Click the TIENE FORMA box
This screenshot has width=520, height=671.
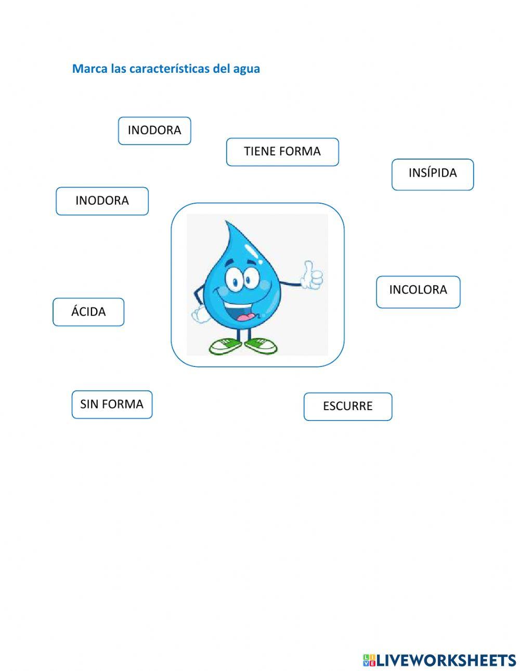point(282,152)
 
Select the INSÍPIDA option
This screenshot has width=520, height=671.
point(433,174)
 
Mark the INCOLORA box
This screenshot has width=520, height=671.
point(418,291)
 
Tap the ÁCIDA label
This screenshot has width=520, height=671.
point(88,312)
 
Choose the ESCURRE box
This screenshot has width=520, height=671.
point(347,406)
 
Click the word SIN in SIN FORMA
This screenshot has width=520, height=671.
point(89,404)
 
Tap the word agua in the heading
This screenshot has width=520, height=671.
point(246,69)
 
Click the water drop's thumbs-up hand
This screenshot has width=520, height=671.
point(311,275)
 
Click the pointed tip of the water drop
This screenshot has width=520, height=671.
point(227,225)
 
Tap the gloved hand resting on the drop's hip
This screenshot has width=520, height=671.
point(199,313)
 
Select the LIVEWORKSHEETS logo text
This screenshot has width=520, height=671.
point(446,660)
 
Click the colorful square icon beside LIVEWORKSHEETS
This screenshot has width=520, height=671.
point(369,660)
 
